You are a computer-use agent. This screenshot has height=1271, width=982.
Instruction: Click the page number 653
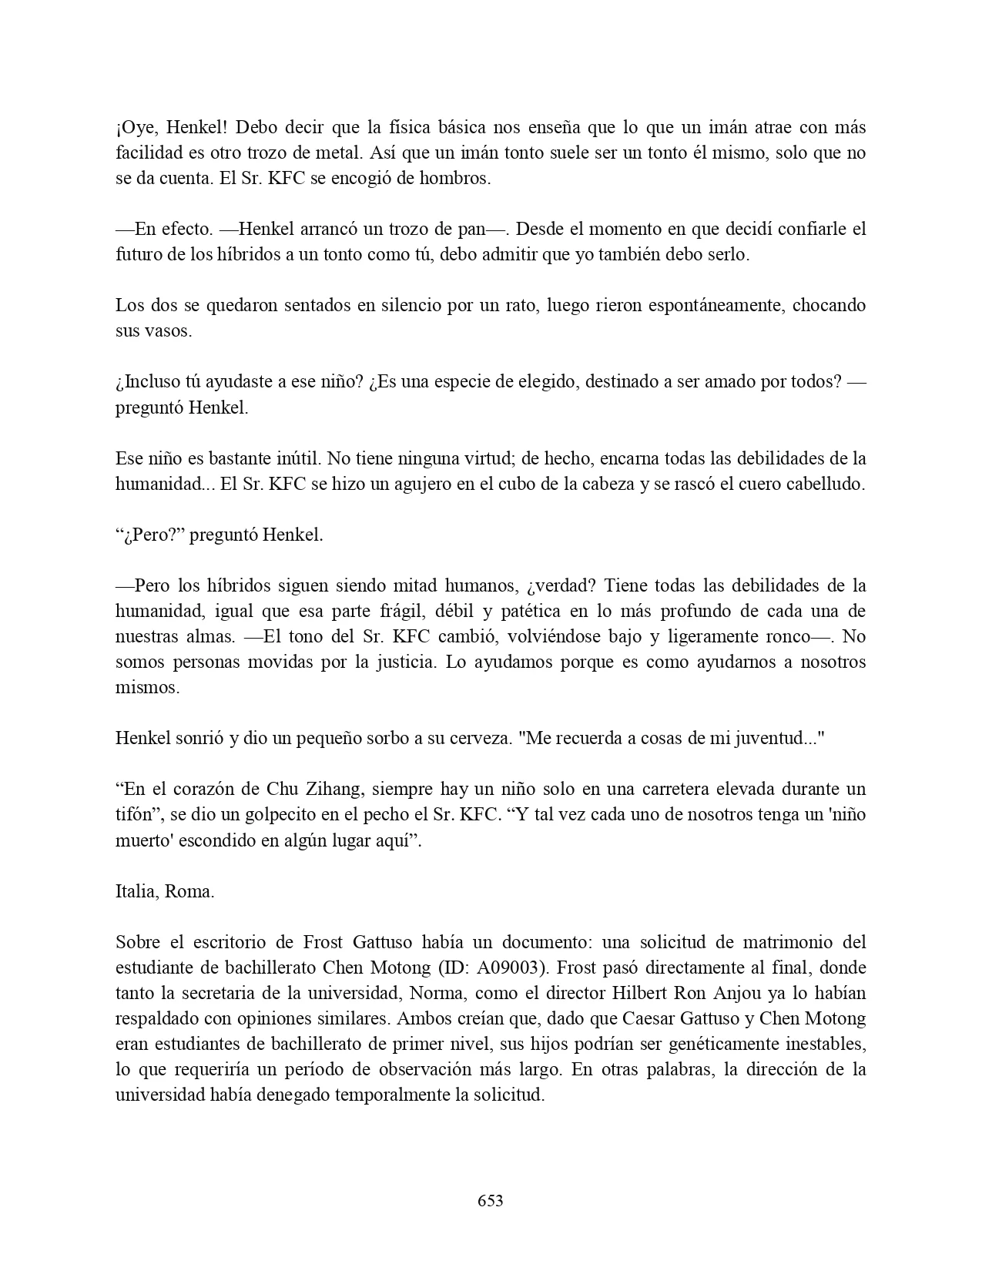(x=491, y=1200)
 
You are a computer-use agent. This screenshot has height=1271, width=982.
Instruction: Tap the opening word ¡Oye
(x=133, y=127)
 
